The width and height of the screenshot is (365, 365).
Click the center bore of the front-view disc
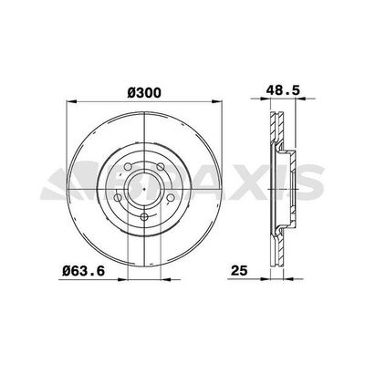(x=146, y=184)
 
